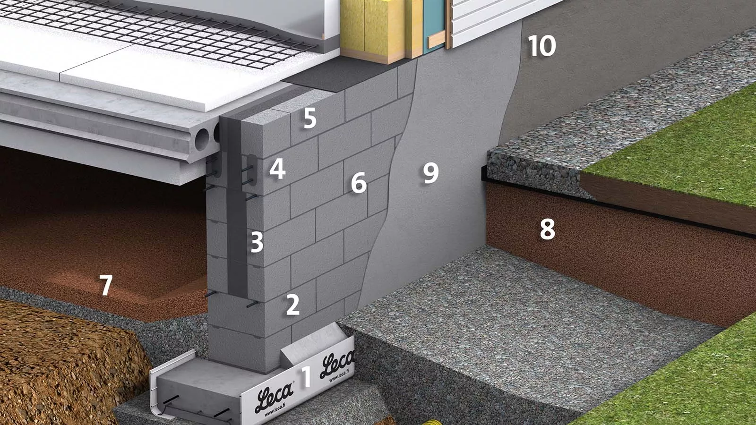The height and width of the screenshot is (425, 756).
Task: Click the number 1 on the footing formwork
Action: click(305, 376)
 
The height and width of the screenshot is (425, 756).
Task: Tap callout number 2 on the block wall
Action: click(292, 305)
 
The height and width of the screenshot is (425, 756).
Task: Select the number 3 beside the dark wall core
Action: click(257, 242)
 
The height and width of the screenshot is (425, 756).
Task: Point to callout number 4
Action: click(277, 170)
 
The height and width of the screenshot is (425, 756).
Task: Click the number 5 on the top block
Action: click(310, 118)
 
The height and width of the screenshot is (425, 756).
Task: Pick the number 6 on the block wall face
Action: click(359, 182)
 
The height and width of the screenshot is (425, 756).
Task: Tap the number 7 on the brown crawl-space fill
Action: click(106, 285)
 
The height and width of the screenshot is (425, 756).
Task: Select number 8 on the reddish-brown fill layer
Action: click(548, 229)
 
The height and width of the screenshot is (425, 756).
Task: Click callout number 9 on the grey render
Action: click(431, 173)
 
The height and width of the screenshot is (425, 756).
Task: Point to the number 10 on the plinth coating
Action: click(541, 46)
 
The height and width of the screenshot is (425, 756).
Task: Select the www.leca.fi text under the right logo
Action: click(340, 375)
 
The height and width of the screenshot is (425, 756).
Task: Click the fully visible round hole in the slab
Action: click(202, 140)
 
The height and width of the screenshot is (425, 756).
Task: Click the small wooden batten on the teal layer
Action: click(437, 40)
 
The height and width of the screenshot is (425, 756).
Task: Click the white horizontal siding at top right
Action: click(499, 18)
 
